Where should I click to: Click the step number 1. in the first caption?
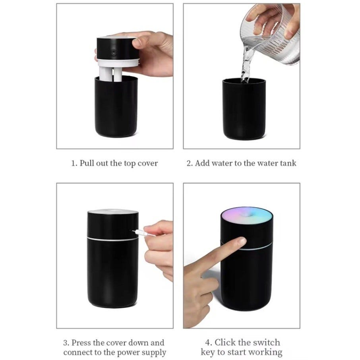(74, 163)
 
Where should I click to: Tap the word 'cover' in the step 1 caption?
(148, 163)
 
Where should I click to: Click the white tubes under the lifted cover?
(111, 74)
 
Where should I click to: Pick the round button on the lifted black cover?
(113, 52)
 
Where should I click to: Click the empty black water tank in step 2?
(244, 109)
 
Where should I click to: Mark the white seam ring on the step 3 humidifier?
(113, 239)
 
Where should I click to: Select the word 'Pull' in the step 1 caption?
(87, 163)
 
